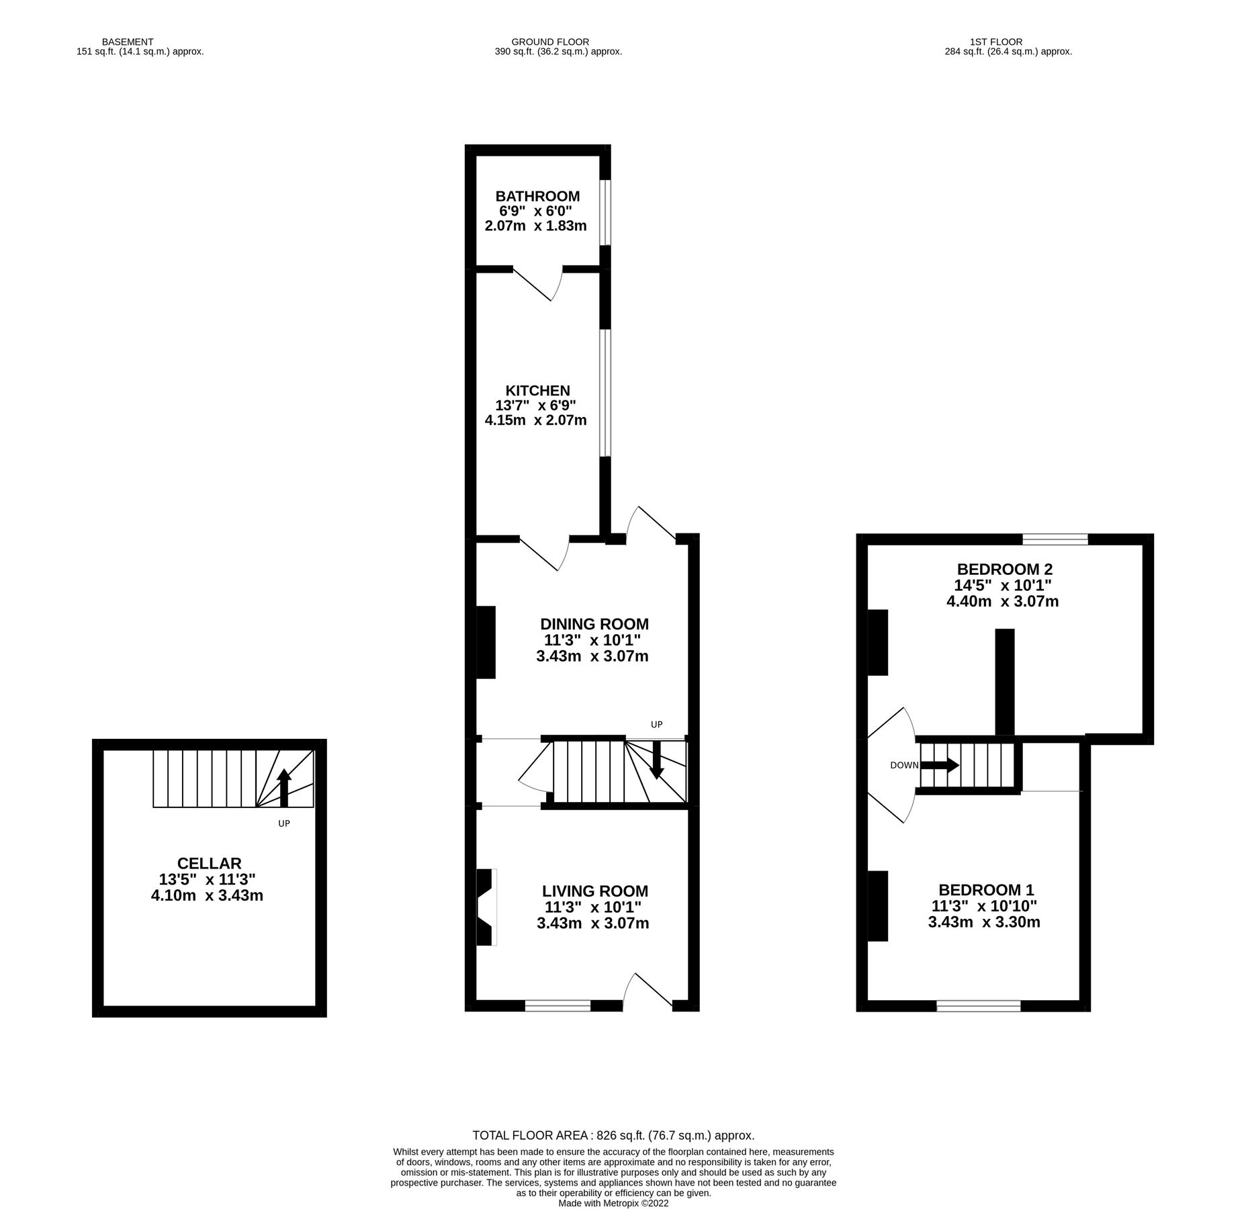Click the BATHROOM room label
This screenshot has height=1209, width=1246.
(537, 196)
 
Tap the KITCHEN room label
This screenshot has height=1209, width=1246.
(537, 390)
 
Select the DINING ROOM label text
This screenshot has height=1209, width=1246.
(594, 624)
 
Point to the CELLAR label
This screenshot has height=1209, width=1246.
(209, 863)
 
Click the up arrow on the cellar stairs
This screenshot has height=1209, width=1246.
(283, 787)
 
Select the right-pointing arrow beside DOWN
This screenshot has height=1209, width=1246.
(939, 765)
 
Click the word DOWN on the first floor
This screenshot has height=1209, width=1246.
(903, 766)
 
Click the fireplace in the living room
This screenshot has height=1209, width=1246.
(486, 907)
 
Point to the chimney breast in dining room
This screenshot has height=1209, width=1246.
(486, 642)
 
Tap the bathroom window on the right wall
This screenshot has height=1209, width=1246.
(605, 212)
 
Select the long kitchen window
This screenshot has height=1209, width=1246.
(605, 393)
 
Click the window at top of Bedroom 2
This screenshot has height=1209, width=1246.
(1055, 539)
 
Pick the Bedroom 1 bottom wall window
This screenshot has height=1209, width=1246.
(978, 1005)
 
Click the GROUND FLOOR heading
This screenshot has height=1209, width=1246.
(549, 42)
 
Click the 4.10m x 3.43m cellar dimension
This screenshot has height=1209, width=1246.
(207, 895)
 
